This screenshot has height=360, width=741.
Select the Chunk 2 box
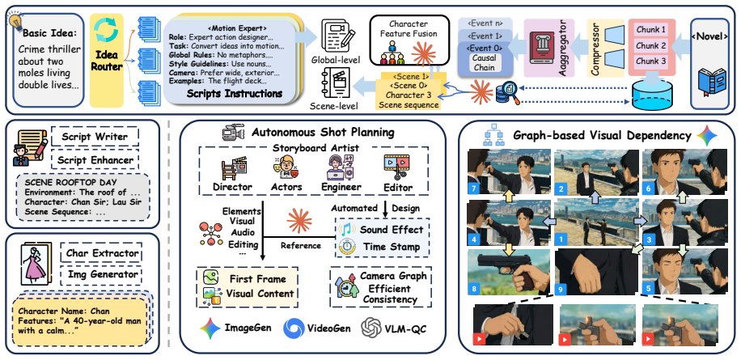650,46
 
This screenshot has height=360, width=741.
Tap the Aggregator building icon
541,44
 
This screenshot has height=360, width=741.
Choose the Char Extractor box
102,253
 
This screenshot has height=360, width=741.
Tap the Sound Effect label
392,230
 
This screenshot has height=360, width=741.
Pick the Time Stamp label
392,247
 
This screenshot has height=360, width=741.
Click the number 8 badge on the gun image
473,287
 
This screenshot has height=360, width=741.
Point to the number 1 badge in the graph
561,239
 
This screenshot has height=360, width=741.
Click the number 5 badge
650,287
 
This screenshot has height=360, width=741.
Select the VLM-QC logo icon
371,328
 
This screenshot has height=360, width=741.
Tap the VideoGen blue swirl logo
294,328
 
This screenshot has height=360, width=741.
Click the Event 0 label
484,48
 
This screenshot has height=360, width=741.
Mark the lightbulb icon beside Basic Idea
15,21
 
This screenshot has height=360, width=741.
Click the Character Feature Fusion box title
409,28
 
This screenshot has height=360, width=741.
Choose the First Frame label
258,278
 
